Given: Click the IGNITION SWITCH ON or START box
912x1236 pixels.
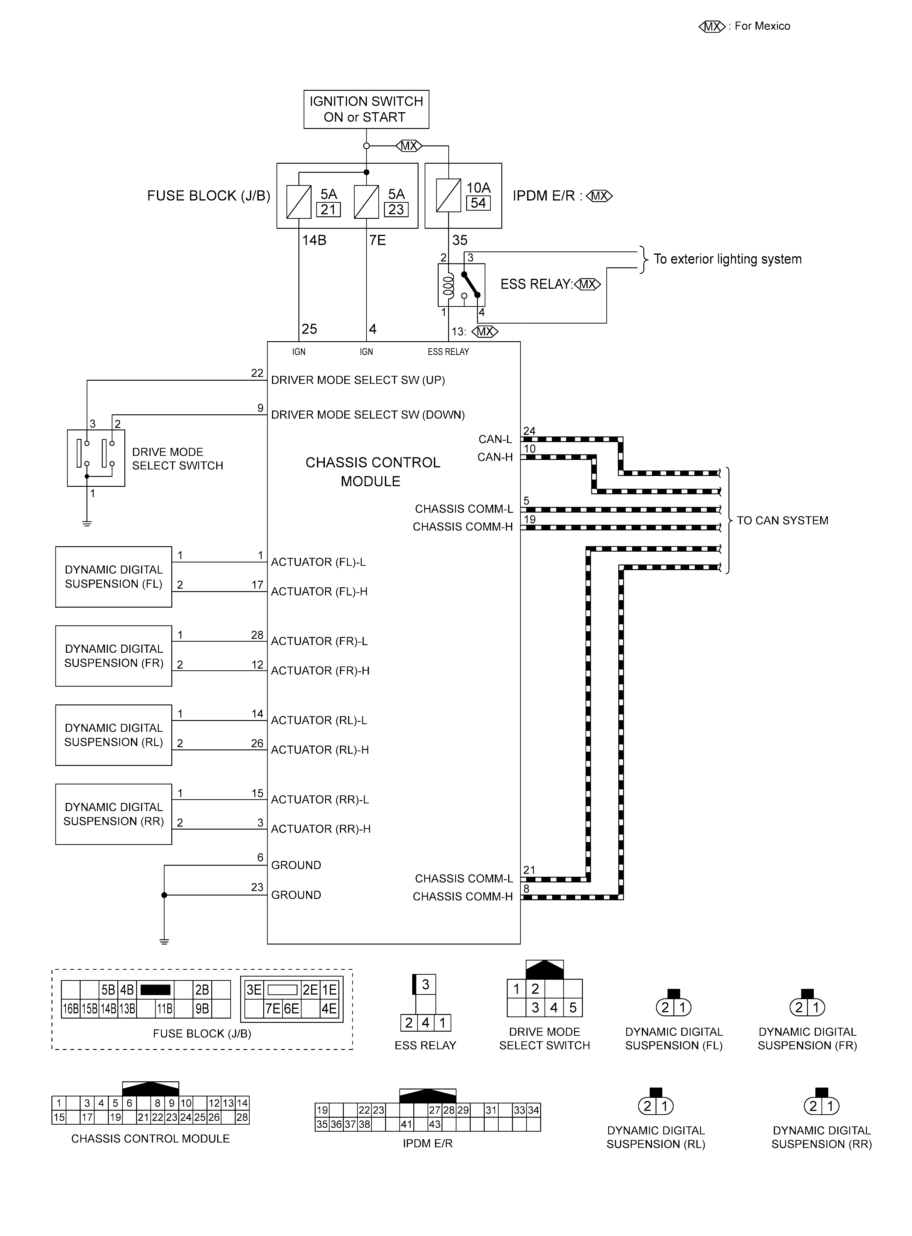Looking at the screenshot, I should [366, 109].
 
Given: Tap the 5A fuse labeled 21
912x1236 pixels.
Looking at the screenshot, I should [299, 202].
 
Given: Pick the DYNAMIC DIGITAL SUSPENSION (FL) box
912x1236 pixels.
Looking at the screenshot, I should [114, 577].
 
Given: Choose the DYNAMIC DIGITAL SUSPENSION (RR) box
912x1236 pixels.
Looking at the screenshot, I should [114, 814].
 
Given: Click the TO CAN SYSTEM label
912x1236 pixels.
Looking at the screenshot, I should [782, 520].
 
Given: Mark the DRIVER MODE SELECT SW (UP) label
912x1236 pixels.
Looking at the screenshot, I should [358, 380].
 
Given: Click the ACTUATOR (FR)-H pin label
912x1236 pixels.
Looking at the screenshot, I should [320, 671].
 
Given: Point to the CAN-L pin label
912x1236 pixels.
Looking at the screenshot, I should [495, 439].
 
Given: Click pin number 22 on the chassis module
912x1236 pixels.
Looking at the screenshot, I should [257, 373].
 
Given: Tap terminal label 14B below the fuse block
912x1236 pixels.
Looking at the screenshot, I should [314, 240].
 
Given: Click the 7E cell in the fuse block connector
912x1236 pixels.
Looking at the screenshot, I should [273, 1009].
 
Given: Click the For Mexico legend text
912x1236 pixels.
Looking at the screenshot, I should [762, 26].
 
